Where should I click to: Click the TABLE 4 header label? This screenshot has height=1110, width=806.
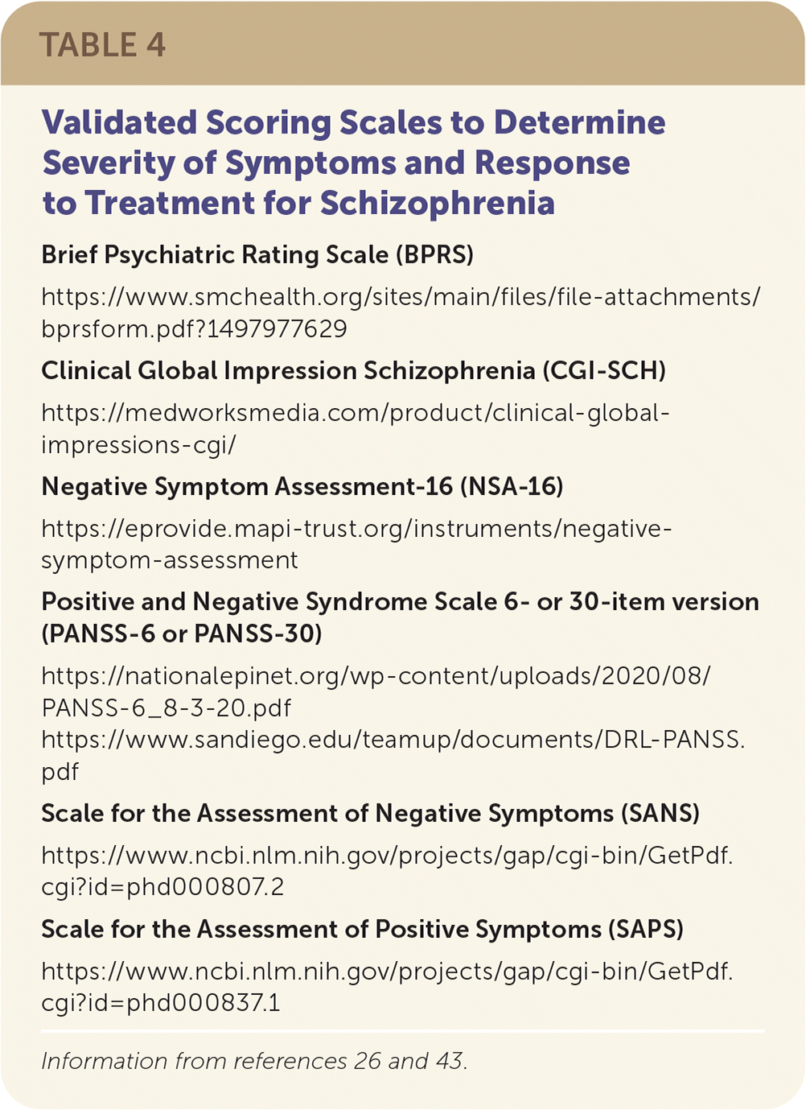pyautogui.click(x=102, y=45)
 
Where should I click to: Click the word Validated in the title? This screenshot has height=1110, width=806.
pyautogui.click(x=119, y=123)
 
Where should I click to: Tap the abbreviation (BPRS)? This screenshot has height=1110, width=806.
pyautogui.click(x=434, y=255)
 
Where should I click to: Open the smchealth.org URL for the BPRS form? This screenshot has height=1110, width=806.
pyautogui.click(x=400, y=297)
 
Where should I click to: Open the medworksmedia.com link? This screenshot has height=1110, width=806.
pyautogui.click(x=355, y=413)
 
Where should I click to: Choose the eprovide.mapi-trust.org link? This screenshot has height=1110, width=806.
pyautogui.click(x=356, y=529)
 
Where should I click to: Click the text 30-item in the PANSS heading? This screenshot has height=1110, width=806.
pyautogui.click(x=618, y=602)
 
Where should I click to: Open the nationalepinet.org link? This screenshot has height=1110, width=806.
pyautogui.click(x=376, y=676)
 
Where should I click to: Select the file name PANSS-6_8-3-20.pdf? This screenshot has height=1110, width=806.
pyautogui.click(x=167, y=708)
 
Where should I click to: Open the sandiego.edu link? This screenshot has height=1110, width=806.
pyautogui.click(x=393, y=740)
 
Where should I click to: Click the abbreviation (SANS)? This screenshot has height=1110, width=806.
pyautogui.click(x=660, y=814)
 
